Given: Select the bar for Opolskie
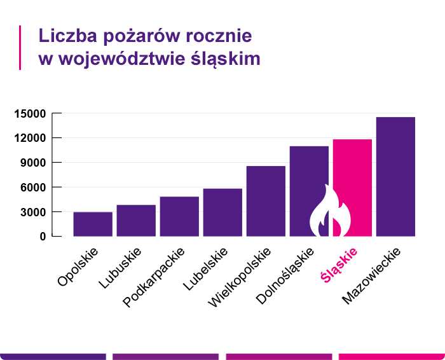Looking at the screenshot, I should tap(93, 224).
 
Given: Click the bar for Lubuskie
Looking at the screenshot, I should tap(136, 220).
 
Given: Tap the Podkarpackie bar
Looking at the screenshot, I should tap(179, 216).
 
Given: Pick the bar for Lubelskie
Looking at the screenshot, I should tap(222, 212).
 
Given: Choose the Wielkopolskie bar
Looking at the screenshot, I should tap(266, 201).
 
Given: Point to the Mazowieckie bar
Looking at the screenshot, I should tap(395, 176).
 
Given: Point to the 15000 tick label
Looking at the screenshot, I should tap(30, 114).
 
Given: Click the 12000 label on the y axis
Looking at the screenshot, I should tap(30, 138).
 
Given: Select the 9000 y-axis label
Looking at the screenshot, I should tap(32, 163).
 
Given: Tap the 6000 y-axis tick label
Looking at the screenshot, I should tap(32, 188).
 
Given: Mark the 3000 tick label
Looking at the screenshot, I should tap(32, 212).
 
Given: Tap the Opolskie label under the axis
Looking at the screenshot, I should tap(78, 268).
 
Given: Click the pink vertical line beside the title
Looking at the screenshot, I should tap(20, 47).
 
